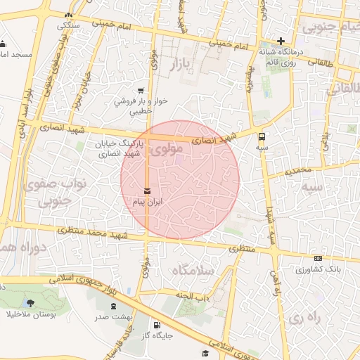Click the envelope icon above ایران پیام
pos(147,191)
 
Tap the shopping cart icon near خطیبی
pos(141,90)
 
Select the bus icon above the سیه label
pos(262,136)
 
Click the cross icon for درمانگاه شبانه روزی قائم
pos(281,41)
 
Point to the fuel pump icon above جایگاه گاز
pos(156,325)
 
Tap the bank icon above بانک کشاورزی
pos(318,259)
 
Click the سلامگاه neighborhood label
pos(188,270)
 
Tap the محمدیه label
pos(299,170)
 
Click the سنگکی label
pos(69,25)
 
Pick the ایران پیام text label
pos(148,202)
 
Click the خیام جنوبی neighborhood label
pos(330,27)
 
